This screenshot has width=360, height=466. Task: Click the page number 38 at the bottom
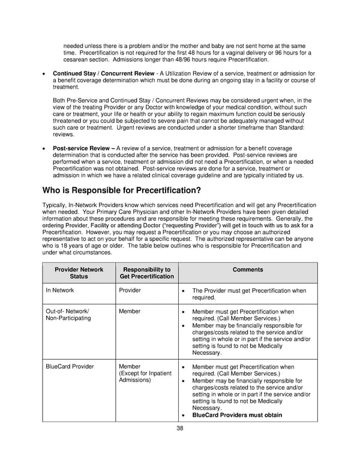click(x=179, y=428)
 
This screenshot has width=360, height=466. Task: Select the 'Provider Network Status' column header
click(x=79, y=273)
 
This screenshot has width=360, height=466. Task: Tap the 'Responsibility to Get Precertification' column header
click(x=146, y=273)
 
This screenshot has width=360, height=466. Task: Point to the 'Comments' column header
click(x=247, y=270)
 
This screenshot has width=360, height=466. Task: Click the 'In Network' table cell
click(x=60, y=290)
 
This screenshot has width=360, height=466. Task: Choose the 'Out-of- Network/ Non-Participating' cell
click(x=68, y=315)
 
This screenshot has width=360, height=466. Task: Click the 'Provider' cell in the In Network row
click(x=130, y=290)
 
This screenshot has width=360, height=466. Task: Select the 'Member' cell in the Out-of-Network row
click(x=130, y=312)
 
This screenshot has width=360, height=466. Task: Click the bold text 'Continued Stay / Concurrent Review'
click(x=103, y=73)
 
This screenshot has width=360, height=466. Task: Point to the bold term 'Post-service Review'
click(x=83, y=148)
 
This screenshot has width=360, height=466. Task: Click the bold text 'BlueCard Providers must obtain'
click(x=236, y=415)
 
